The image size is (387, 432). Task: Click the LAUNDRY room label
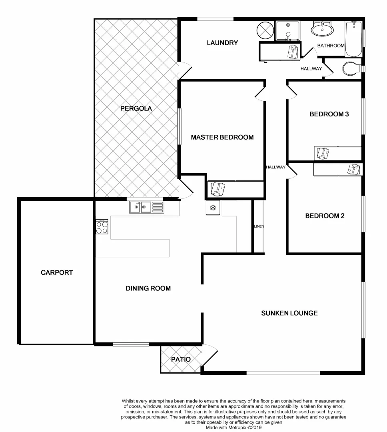(222, 43)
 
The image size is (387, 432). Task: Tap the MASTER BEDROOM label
(222, 137)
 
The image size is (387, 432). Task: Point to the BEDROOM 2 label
(325, 216)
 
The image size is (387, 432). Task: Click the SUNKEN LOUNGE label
(289, 313)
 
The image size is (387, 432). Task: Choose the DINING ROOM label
(148, 288)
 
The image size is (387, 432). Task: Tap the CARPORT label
(57, 272)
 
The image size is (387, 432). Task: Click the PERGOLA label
(136, 108)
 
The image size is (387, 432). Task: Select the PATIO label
(181, 359)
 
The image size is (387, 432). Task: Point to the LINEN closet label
(259, 226)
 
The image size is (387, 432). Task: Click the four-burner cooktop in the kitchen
(102, 227)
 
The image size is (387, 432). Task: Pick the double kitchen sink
(146, 207)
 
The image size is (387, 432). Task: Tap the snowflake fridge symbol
(213, 208)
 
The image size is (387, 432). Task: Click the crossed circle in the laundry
(265, 30)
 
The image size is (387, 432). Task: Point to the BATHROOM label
(331, 46)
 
